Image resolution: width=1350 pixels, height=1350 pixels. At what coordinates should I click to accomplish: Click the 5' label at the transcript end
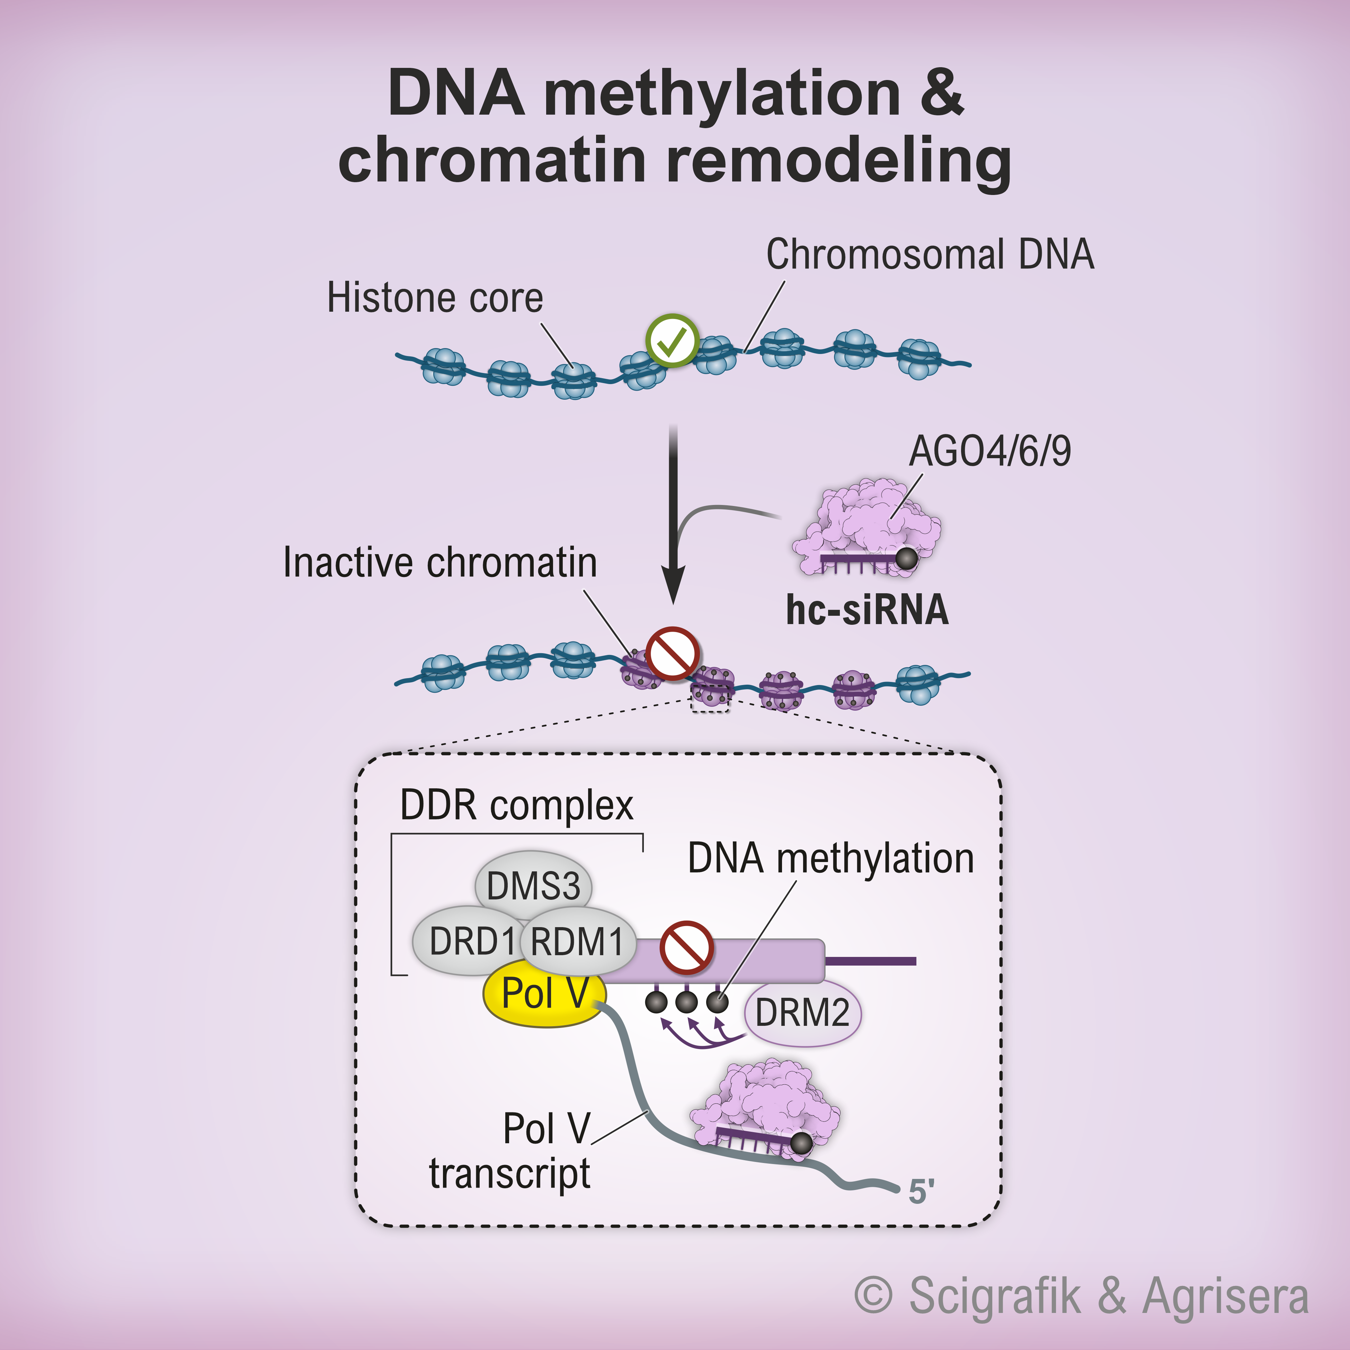pyautogui.click(x=921, y=1191)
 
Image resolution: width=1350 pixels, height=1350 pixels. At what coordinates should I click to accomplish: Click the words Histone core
pyautogui.click(x=435, y=299)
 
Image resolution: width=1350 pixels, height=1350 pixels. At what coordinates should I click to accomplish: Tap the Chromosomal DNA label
pyautogui.click(x=929, y=254)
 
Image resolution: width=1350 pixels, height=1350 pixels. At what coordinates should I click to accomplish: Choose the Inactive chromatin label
pyautogui.click(x=439, y=562)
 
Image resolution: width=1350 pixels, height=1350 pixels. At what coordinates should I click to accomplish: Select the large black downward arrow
pyautogui.click(x=673, y=517)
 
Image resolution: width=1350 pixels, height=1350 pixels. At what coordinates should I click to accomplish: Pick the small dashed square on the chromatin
pyautogui.click(x=710, y=699)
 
